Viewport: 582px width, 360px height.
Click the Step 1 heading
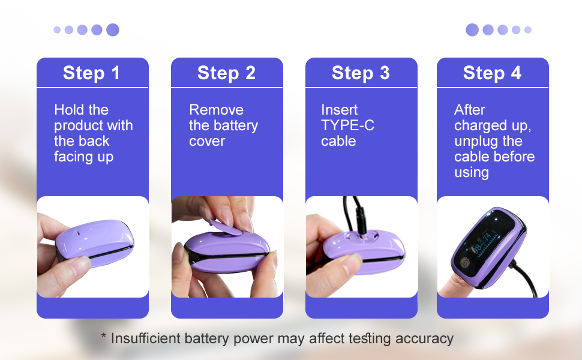[x=91, y=73]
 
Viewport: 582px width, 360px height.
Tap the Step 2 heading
[x=226, y=73]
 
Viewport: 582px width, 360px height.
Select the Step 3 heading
[x=361, y=73]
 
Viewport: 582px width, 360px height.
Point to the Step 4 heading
[x=492, y=73]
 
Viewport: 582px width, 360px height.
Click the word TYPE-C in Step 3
[x=347, y=125]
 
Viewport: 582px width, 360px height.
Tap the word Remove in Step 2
[x=217, y=110]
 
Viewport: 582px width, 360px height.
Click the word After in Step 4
[x=470, y=110]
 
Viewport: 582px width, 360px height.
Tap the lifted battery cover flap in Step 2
[x=226, y=228]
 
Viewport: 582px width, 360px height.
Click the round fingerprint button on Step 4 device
[x=465, y=263]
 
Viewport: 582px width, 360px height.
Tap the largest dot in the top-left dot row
[x=113, y=29]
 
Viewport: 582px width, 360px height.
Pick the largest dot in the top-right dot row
[x=472, y=29]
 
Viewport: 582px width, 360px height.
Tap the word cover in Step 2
[x=207, y=142]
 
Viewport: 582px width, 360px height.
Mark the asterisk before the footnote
[x=104, y=335]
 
